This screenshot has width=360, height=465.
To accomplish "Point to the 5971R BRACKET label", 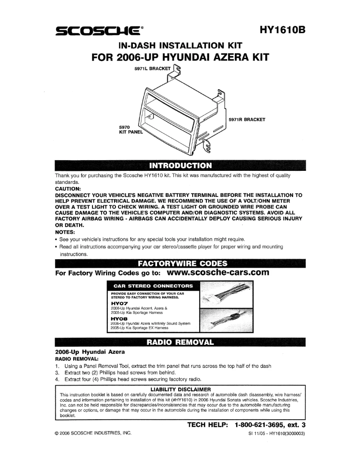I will [247, 119].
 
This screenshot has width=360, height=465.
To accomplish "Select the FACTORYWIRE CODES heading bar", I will [180, 263].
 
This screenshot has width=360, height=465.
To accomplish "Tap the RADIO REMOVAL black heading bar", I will [180, 343].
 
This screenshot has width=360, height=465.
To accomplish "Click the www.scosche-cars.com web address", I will [217, 272].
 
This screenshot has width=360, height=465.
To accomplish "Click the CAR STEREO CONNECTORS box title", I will [153, 285].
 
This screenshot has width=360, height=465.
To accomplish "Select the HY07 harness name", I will [119, 303].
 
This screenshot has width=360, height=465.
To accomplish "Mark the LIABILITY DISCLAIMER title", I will [180, 389].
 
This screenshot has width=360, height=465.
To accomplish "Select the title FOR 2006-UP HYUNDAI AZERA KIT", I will [180, 58].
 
